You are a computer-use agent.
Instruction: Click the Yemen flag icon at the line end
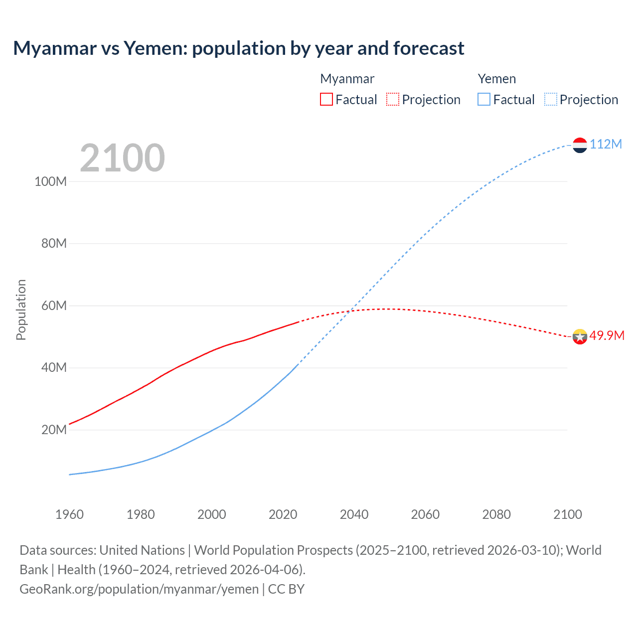click(x=580, y=145)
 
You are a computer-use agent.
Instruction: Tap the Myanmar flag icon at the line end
click(x=580, y=336)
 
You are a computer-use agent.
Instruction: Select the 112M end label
click(x=606, y=144)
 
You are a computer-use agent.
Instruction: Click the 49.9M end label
click(x=607, y=335)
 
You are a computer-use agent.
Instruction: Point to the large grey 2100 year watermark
click(x=122, y=158)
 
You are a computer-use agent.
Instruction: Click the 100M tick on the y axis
click(x=50, y=181)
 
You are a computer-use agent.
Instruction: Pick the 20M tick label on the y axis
click(x=54, y=430)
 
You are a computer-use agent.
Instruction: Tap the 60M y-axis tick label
click(x=54, y=306)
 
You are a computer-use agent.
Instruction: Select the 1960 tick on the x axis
click(x=69, y=514)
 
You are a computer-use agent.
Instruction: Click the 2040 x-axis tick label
click(x=354, y=514)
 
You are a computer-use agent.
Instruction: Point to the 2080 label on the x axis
click(x=496, y=514)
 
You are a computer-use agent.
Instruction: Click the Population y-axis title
click(x=21, y=310)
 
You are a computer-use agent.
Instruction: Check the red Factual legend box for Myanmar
click(x=326, y=99)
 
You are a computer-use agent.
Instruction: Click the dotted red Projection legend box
click(x=393, y=99)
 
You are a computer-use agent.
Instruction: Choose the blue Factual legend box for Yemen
click(x=484, y=99)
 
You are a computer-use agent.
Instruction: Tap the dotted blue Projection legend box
click(x=551, y=99)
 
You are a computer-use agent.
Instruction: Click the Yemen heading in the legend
click(x=496, y=79)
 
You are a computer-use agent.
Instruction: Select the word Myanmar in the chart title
click(x=55, y=48)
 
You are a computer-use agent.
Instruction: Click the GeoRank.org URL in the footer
click(x=139, y=589)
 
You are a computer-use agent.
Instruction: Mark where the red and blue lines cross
click(x=351, y=311)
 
